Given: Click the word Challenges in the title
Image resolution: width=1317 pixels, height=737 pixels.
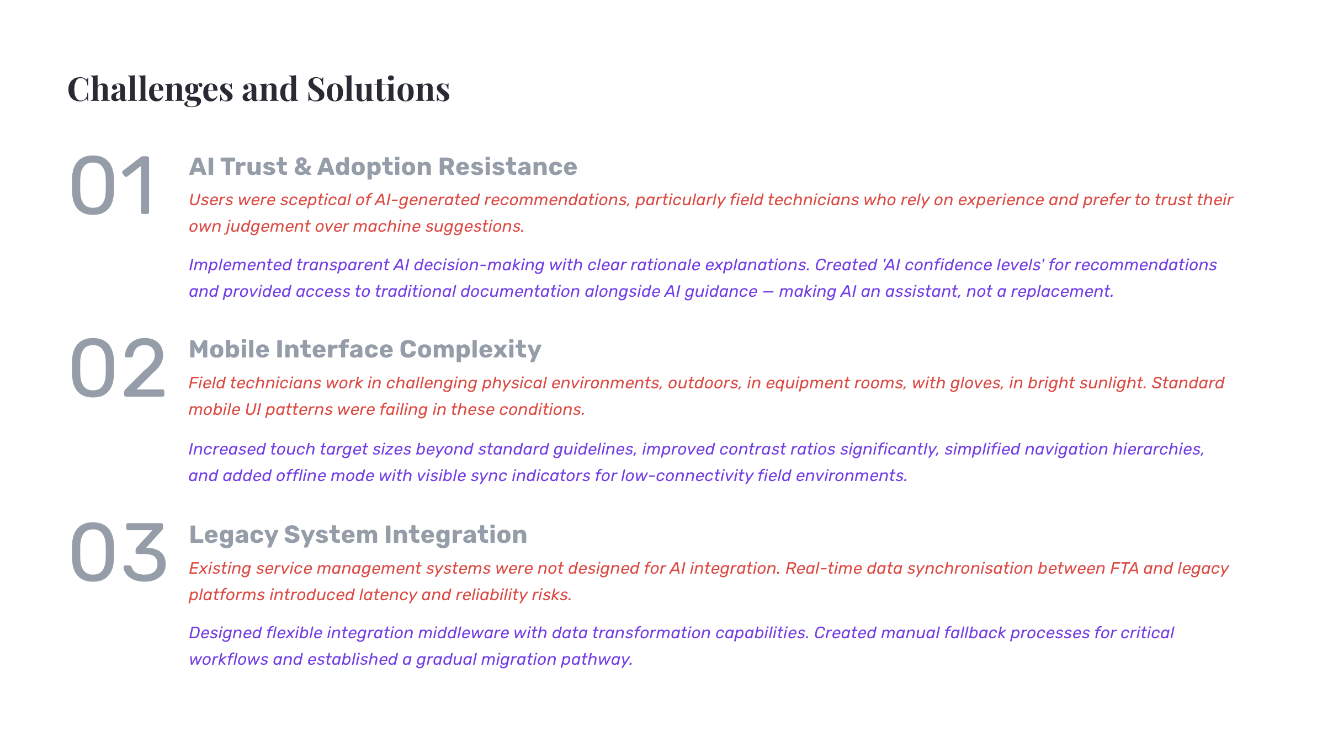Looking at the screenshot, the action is (x=150, y=89).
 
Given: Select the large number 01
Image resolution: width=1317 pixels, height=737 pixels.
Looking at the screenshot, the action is (x=111, y=185).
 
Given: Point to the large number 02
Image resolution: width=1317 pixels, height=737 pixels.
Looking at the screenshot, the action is (x=118, y=368).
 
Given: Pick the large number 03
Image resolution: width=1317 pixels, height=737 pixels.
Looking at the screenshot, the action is (x=118, y=552).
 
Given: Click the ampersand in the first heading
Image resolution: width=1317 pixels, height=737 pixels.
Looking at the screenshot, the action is (x=302, y=167).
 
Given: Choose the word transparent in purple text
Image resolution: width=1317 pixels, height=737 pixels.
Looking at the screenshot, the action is (x=342, y=265).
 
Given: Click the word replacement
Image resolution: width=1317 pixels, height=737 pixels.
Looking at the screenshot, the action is (x=1062, y=292).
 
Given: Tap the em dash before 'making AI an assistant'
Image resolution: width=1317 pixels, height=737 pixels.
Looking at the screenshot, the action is (x=768, y=291).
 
